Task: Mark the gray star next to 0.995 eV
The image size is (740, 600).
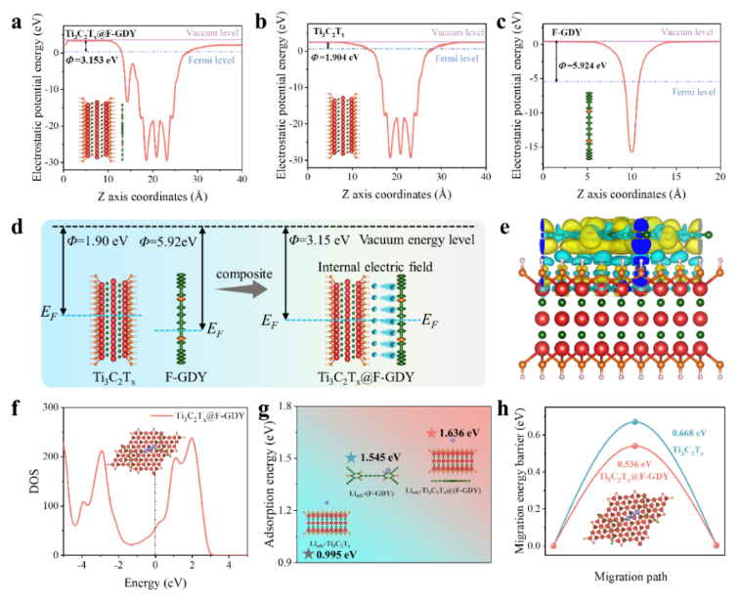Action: [310, 554]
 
